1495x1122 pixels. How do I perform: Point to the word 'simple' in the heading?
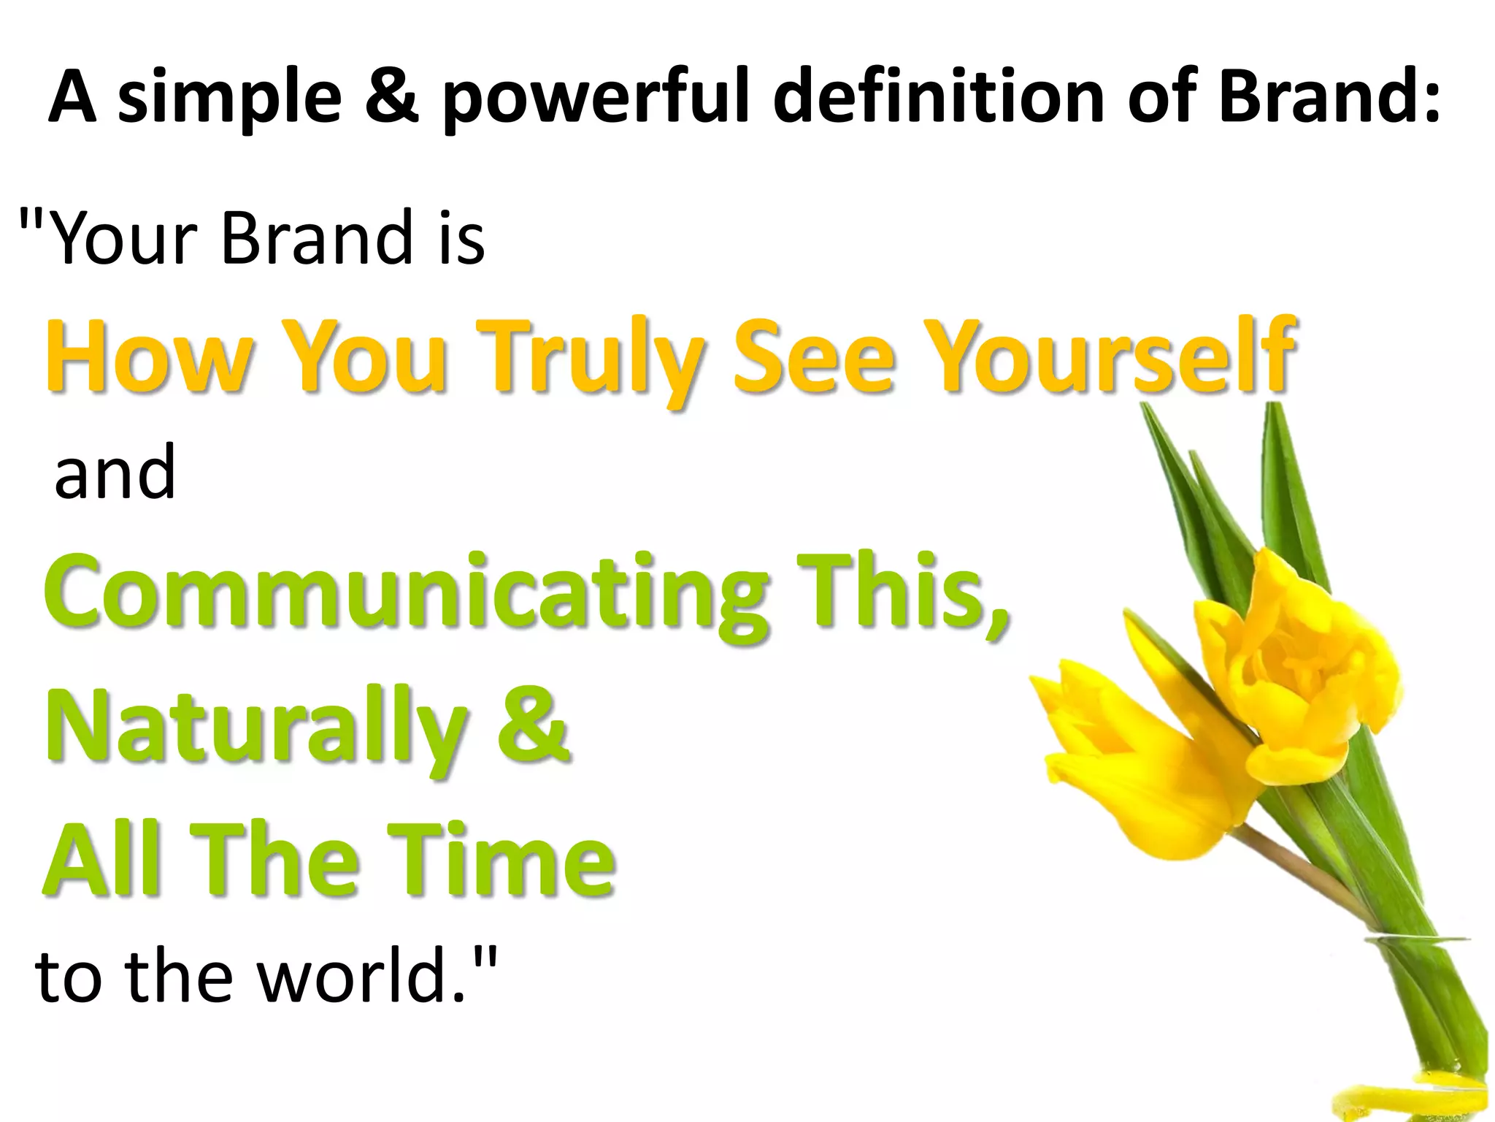(x=229, y=99)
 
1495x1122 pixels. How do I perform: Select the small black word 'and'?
(x=115, y=473)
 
